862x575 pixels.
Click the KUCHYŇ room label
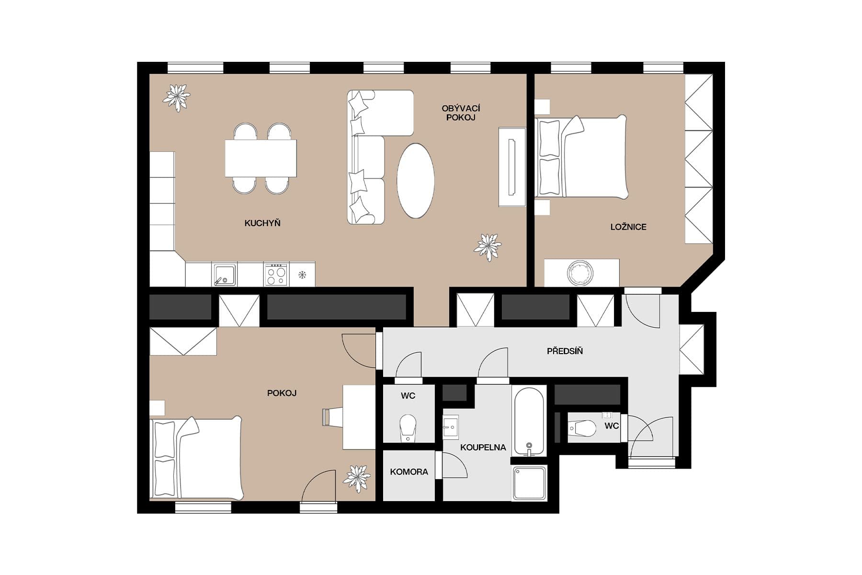point(262,223)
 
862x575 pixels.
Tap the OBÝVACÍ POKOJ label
point(461,113)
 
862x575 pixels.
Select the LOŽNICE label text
point(628,227)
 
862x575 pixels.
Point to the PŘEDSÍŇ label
point(565,351)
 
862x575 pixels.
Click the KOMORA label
point(408,472)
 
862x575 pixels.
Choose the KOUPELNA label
point(483,448)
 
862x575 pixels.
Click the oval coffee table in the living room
point(415,181)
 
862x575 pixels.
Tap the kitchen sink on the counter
point(224,275)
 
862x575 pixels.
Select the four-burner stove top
point(276,275)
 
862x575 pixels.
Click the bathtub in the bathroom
point(529,420)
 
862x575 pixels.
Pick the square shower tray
point(529,483)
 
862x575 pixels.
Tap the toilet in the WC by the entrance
point(581,428)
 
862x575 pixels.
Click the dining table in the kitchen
point(261,158)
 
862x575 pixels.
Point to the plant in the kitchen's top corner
point(176,97)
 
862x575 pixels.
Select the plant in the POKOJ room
point(356,478)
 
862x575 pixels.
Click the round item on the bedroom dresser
point(580,273)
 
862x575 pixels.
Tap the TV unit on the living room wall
point(511,167)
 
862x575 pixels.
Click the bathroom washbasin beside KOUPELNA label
point(450,426)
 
